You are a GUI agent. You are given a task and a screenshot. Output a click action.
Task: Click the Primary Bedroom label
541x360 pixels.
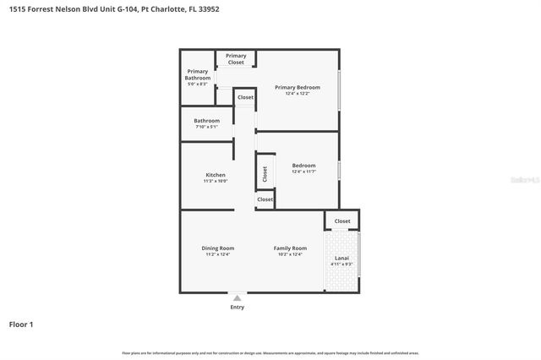(x=297, y=87)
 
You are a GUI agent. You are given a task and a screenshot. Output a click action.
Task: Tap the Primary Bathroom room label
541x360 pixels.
(x=197, y=74)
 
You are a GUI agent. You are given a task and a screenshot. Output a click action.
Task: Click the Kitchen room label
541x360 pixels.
(x=216, y=175)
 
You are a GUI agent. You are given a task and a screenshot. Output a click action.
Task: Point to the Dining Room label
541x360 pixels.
(x=216, y=248)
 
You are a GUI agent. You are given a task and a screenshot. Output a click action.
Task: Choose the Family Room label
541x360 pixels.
(x=290, y=248)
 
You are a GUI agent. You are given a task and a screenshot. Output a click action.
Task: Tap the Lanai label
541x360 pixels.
(x=342, y=258)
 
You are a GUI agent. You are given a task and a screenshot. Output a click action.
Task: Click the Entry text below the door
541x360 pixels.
(x=237, y=307)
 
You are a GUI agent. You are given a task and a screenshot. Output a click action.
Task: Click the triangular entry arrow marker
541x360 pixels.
(x=237, y=297)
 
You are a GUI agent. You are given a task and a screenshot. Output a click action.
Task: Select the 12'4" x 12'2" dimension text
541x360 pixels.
(x=297, y=94)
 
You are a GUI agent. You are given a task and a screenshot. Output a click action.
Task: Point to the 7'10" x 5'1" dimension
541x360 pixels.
(x=206, y=127)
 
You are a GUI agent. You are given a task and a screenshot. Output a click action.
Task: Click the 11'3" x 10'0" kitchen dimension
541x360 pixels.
(x=216, y=181)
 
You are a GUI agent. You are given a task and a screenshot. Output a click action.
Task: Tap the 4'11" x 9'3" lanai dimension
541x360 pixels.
(x=342, y=265)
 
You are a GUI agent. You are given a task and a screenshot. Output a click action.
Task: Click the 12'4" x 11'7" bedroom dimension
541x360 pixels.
(x=303, y=172)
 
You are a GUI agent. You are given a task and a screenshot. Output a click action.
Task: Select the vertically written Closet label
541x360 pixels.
(x=265, y=173)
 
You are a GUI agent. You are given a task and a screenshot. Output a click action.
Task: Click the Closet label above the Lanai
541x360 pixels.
(x=342, y=221)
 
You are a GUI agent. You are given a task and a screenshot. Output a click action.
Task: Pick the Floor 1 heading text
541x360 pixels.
(x=21, y=324)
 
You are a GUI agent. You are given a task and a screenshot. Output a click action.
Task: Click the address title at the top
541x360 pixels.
(x=98, y=8)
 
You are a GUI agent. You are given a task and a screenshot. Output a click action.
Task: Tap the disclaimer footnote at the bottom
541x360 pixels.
(x=270, y=352)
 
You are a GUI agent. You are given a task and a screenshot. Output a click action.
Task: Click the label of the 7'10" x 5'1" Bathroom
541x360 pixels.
(x=206, y=121)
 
